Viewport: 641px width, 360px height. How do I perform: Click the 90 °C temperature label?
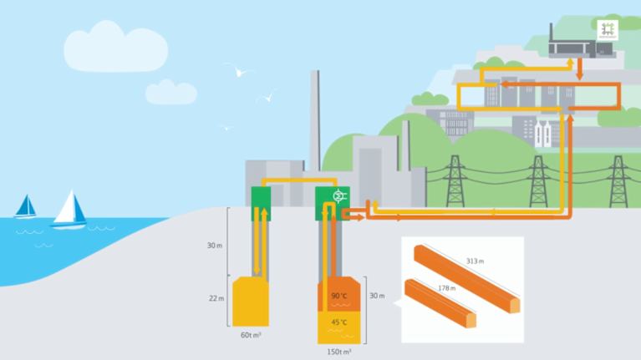click(338, 296)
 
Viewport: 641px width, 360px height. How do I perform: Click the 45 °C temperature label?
click(338, 322)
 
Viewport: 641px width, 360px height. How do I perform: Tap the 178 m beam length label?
click(447, 288)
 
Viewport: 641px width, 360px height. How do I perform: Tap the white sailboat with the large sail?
click(70, 210)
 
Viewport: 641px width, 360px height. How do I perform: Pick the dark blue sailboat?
click(26, 206)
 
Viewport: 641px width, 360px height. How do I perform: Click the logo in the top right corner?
click(608, 28)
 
